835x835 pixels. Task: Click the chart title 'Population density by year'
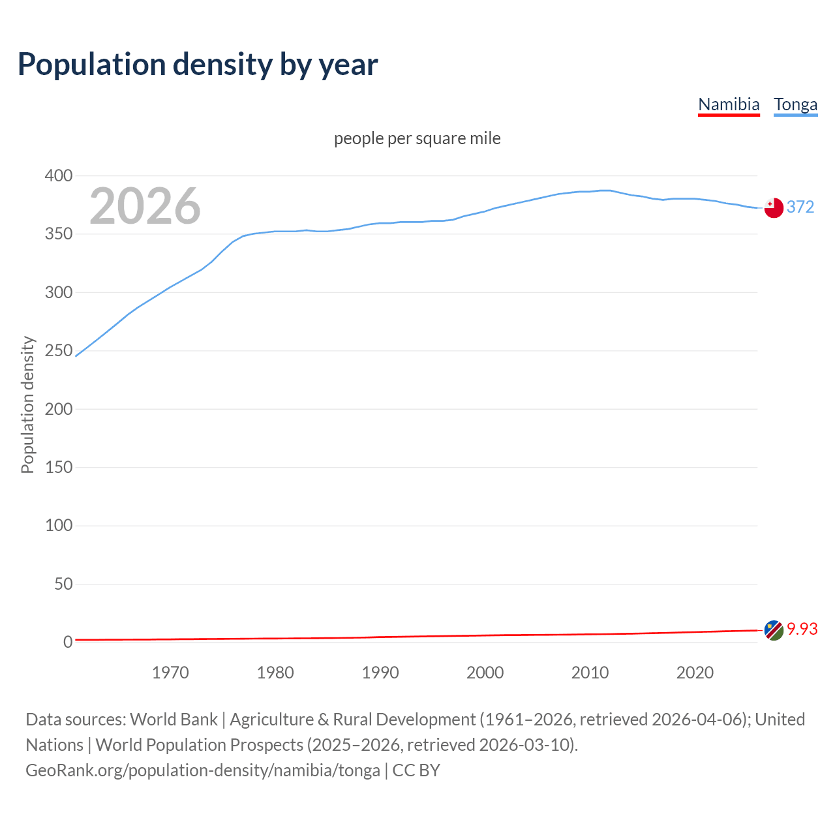[198, 65]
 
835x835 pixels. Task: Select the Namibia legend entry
[729, 104]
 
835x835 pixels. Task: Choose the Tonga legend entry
[795, 104]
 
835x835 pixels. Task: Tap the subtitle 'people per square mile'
[417, 138]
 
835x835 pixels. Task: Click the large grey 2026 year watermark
[145, 206]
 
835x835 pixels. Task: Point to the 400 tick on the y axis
[59, 175]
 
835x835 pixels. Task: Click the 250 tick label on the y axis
[59, 350]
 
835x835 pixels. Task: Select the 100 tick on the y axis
[59, 525]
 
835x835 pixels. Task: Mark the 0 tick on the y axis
[68, 642]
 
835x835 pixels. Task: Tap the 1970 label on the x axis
[170, 673]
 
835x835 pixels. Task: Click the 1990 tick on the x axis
[380, 673]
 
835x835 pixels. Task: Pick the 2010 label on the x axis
[590, 673]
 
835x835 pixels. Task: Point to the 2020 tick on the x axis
[695, 673]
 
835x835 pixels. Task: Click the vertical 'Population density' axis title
[27, 404]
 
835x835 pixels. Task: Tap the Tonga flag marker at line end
[774, 207]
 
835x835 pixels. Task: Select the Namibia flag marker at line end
[774, 630]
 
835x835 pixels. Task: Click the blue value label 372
[800, 207]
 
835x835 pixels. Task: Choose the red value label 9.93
[802, 629]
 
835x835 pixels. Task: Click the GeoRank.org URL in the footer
[203, 770]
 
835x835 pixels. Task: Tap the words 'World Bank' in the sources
[174, 720]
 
